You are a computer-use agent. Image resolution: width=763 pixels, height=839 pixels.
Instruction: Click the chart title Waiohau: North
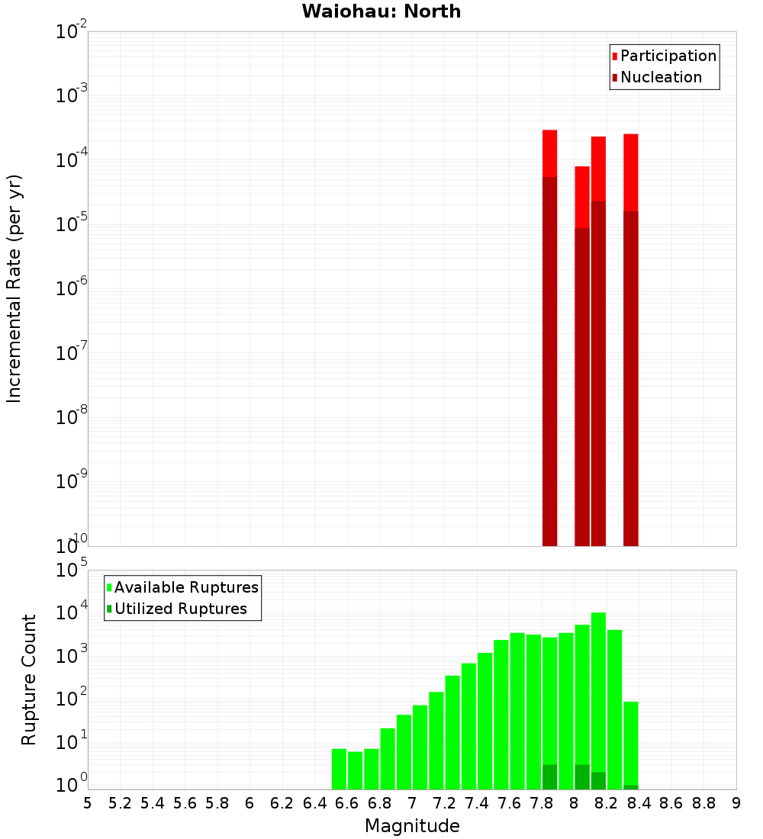click(x=381, y=11)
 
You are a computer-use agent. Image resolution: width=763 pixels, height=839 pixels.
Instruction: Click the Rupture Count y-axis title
click(x=29, y=680)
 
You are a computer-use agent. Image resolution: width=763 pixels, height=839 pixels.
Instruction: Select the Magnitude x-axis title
click(x=412, y=826)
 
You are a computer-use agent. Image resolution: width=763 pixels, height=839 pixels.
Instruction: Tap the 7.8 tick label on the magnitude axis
click(x=542, y=803)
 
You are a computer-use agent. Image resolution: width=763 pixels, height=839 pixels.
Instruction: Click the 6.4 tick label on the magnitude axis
click(x=315, y=803)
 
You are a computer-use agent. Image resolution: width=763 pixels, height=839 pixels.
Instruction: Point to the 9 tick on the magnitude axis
click(x=736, y=803)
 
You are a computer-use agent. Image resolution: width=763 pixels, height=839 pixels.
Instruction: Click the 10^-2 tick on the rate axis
click(x=72, y=32)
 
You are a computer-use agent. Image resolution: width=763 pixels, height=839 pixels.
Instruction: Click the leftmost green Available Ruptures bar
click(x=340, y=769)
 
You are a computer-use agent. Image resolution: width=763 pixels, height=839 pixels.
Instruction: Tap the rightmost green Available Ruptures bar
click(x=630, y=744)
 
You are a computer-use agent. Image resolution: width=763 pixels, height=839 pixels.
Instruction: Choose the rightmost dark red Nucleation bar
click(x=630, y=378)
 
